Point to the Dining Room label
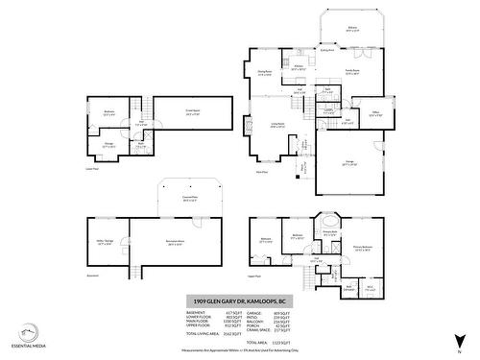click(265, 73)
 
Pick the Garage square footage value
click(284, 313)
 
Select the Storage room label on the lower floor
click(108, 147)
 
